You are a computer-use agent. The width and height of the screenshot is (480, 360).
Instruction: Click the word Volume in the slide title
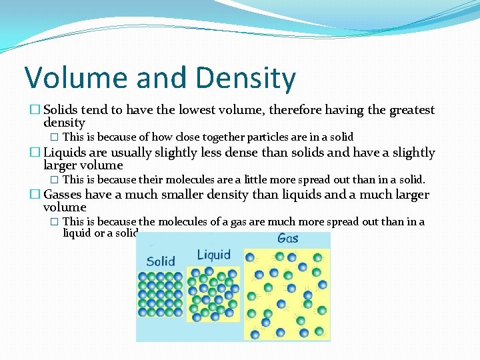click(75, 78)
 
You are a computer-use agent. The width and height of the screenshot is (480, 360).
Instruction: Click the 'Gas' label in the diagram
click(287, 239)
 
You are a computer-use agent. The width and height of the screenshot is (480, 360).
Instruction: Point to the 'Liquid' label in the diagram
click(213, 255)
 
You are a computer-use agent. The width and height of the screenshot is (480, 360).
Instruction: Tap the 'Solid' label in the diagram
click(160, 261)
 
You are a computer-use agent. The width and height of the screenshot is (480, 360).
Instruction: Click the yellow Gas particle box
click(287, 293)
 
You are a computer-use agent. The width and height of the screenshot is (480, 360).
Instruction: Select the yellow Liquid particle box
click(213, 293)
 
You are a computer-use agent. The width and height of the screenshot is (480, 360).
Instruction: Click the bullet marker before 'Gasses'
click(35, 195)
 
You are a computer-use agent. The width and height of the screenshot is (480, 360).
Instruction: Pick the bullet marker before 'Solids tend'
click(35, 110)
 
